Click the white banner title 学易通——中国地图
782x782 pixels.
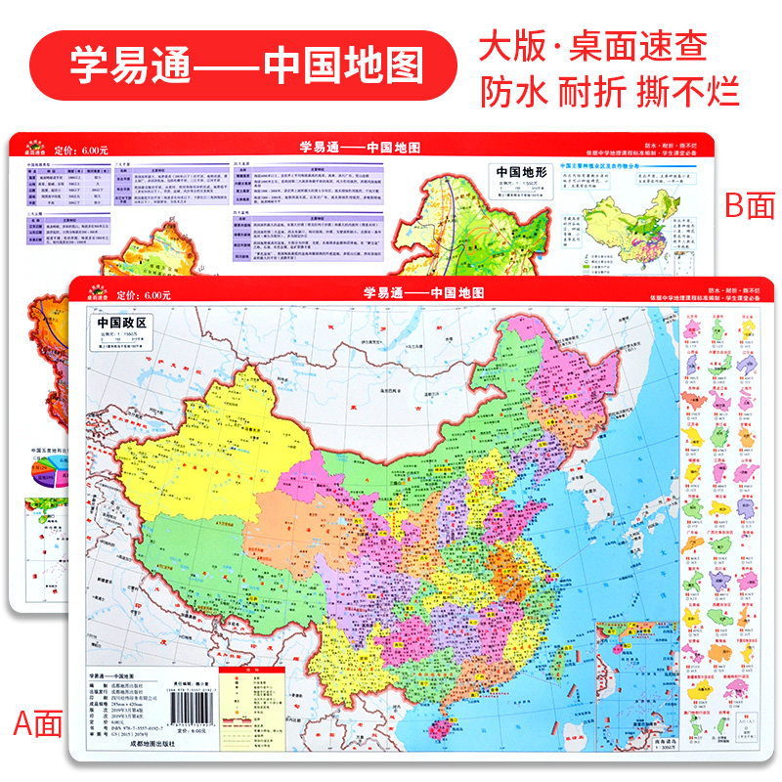[247, 64]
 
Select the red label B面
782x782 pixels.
[748, 204]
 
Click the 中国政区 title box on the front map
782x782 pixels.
[121, 324]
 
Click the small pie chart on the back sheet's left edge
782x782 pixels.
[43, 473]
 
